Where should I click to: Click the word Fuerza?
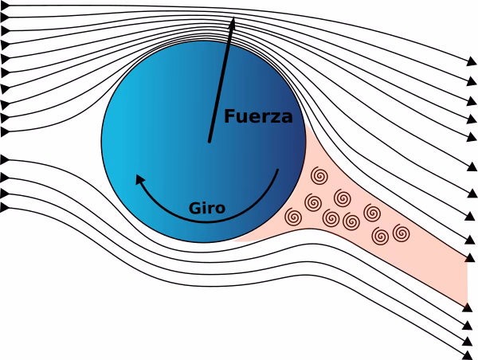tap(258, 116)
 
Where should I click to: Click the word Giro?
tap(206, 209)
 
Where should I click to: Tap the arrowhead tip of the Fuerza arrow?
tap(234, 18)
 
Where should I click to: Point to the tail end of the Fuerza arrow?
tap(210, 142)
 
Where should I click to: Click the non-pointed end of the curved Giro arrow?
tap(277, 170)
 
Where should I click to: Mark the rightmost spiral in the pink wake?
tap(401, 233)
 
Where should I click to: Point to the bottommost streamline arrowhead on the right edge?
tap(470, 352)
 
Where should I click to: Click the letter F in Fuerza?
tap(229, 116)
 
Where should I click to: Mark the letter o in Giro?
tap(220, 209)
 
